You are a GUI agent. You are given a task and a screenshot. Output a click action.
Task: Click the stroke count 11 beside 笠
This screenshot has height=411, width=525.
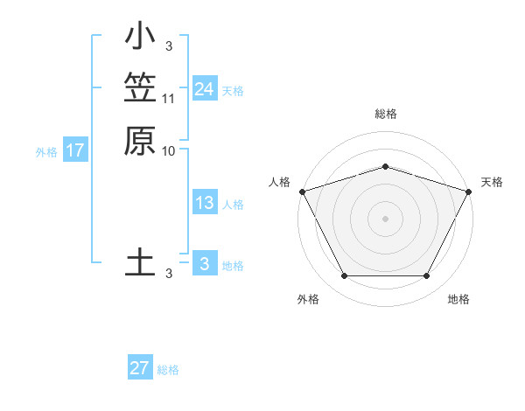point(169,98)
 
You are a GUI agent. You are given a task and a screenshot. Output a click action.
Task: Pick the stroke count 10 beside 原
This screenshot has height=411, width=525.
point(169,150)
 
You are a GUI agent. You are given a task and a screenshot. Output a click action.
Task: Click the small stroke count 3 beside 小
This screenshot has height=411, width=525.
point(169,45)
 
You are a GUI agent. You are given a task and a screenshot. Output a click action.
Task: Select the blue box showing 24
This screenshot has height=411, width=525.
point(204,89)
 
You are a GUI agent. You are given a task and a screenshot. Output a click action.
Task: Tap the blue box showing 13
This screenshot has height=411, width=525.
point(204,203)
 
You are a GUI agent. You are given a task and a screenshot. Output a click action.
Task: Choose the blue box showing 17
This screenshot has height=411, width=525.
point(75,150)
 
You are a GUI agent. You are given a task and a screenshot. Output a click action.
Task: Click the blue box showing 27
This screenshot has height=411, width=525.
point(140,368)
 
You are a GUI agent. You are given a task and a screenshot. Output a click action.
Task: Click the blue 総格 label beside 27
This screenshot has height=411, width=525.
point(168,370)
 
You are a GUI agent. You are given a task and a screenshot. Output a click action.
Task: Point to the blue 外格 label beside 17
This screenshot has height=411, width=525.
point(46,152)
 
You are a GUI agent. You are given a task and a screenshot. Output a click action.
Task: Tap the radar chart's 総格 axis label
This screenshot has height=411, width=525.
point(385,114)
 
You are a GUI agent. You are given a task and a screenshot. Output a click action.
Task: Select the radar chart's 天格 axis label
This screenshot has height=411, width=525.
point(492,182)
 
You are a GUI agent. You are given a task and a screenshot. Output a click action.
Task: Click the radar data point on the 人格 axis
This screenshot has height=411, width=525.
point(302,192)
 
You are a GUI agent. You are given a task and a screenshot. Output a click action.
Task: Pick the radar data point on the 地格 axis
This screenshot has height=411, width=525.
point(427,276)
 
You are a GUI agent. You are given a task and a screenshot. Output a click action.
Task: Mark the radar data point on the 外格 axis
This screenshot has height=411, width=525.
point(344,276)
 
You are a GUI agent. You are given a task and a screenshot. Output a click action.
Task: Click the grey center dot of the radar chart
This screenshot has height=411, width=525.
point(385,219)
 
